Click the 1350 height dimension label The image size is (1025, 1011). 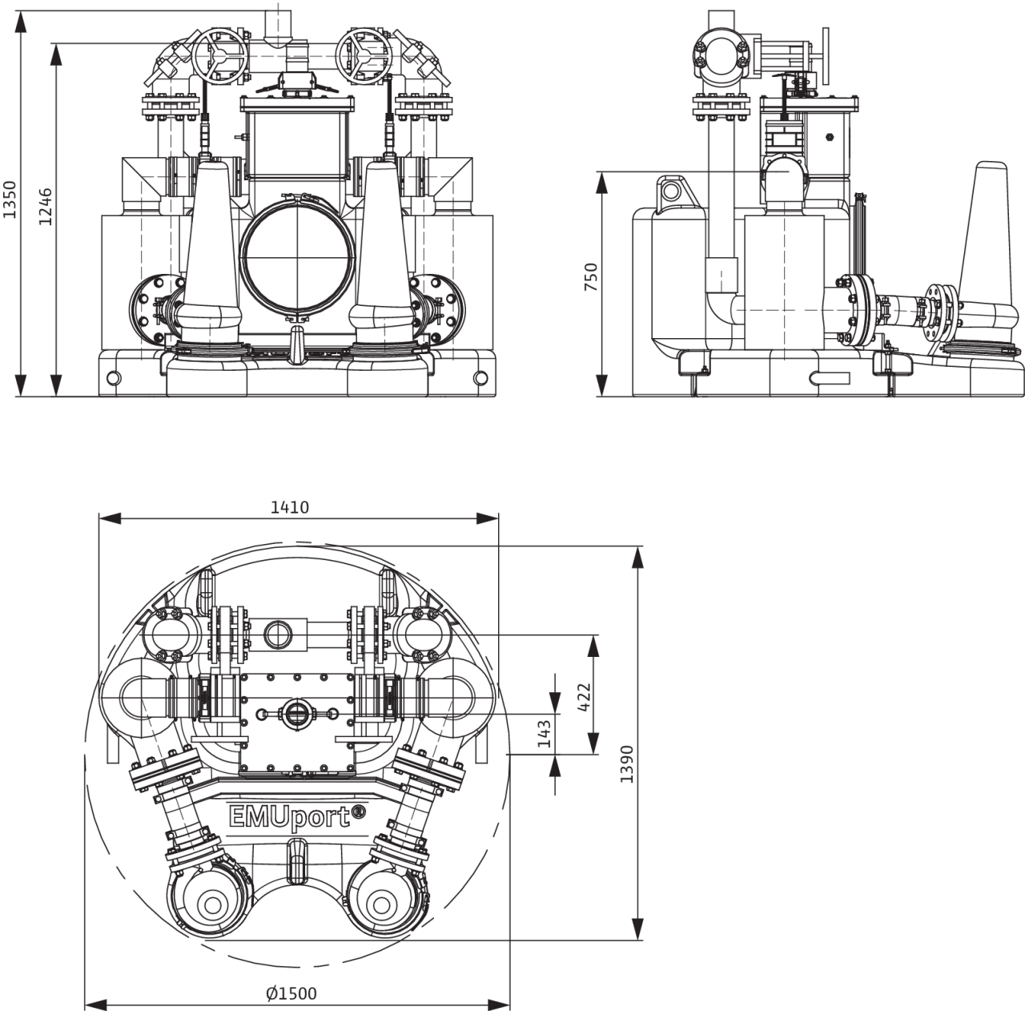coord(10,199)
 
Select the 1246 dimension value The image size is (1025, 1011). coord(46,207)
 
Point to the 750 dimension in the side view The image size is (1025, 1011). coord(591,276)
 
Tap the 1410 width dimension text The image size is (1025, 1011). coord(290,507)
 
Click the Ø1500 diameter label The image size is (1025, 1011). coord(291,993)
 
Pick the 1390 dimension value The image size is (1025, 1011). coord(628,763)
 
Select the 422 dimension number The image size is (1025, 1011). coord(584,698)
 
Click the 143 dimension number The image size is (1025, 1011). coord(545,734)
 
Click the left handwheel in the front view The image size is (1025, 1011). coord(219,56)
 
